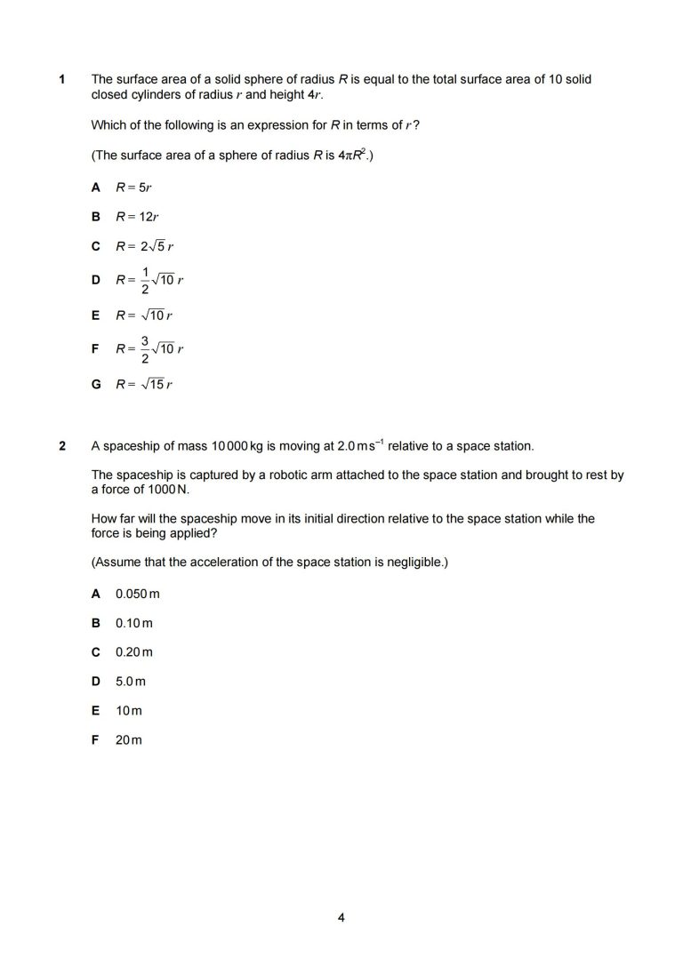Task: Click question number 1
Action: point(62,80)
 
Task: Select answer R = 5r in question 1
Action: point(134,188)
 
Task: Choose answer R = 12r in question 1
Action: point(137,216)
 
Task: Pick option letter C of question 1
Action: point(95,245)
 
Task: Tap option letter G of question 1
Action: point(95,385)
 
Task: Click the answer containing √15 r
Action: point(143,385)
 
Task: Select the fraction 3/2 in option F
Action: point(145,349)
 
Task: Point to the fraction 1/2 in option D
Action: point(145,280)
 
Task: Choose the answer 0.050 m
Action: point(137,593)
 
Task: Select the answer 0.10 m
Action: point(133,622)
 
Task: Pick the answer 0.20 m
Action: point(133,651)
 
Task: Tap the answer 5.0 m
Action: point(130,681)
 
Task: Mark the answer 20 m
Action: point(128,739)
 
